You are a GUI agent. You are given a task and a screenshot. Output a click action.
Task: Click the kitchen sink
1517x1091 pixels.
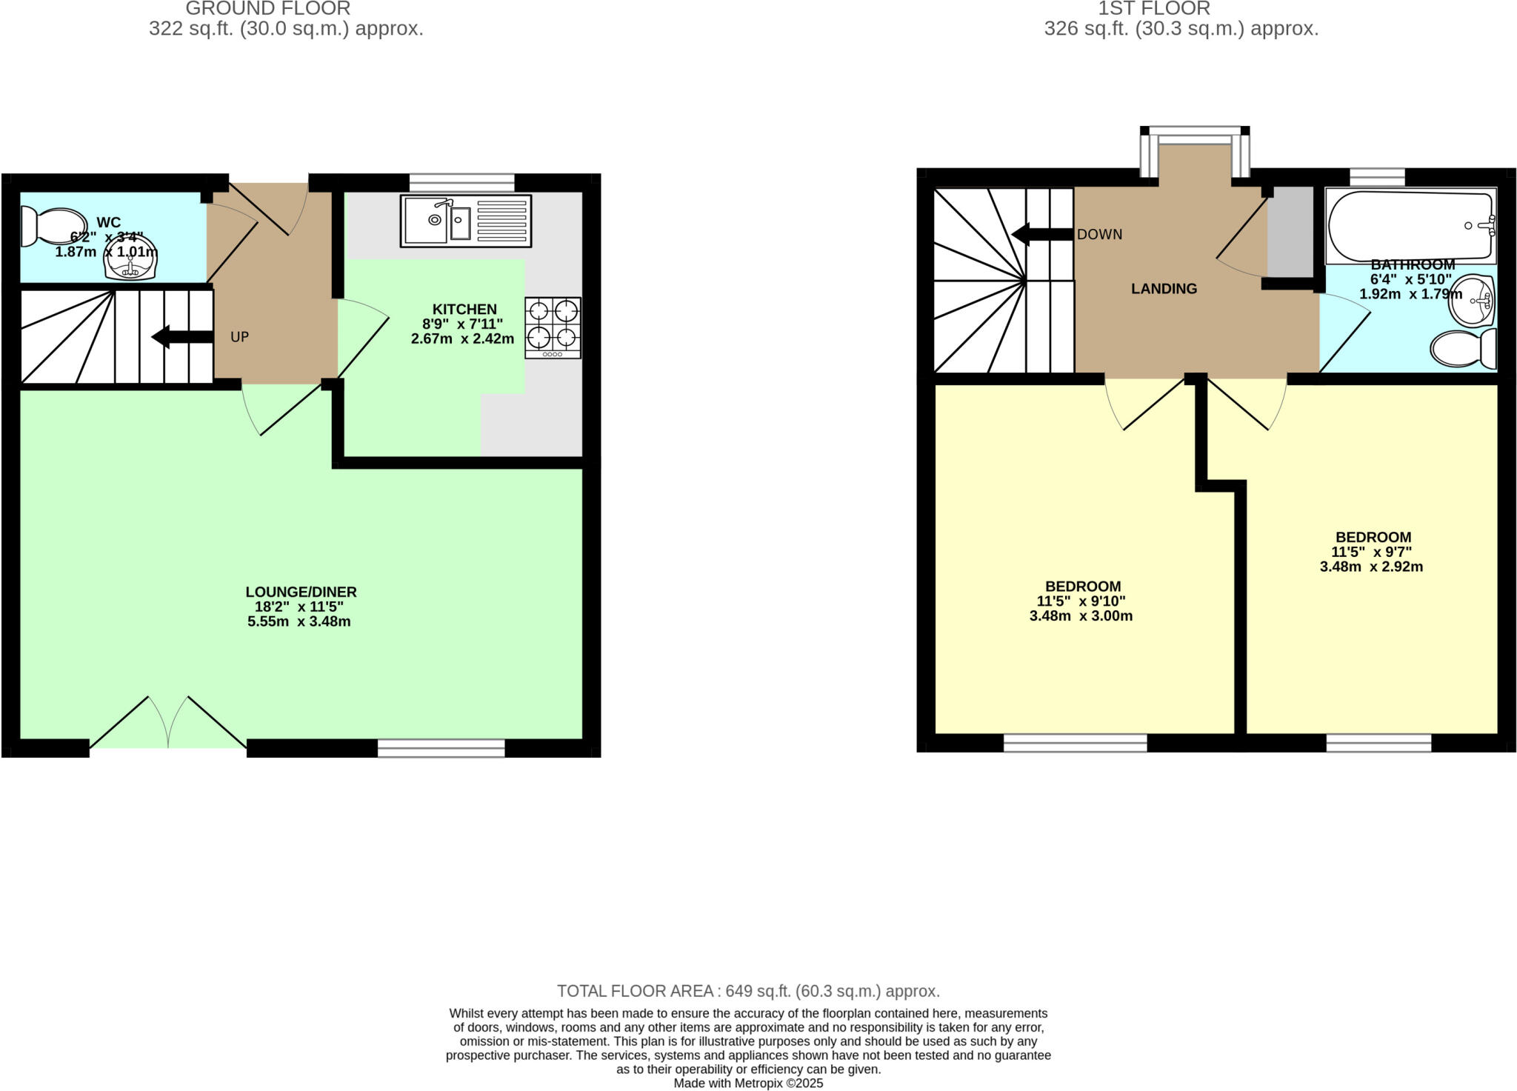(x=466, y=221)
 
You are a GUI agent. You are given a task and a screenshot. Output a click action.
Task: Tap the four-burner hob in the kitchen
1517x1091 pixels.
(x=553, y=328)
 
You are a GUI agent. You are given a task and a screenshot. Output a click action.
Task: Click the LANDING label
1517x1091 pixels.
(x=1164, y=289)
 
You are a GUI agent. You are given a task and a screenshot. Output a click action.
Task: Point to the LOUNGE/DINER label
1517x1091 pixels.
(x=301, y=592)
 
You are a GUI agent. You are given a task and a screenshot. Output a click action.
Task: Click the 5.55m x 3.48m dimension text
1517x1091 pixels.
(x=299, y=621)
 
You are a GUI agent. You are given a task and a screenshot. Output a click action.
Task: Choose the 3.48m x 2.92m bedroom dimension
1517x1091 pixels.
(x=1371, y=567)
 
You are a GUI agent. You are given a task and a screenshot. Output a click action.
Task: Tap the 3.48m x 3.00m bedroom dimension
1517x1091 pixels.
(x=1081, y=615)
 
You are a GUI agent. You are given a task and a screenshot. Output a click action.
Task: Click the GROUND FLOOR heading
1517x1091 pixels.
(x=267, y=9)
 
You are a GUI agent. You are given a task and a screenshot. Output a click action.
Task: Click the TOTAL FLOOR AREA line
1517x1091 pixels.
(x=748, y=991)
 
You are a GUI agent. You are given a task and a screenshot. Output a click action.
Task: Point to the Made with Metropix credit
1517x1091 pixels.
(x=748, y=1083)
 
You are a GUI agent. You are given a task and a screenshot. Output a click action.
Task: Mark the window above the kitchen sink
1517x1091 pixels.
(x=461, y=182)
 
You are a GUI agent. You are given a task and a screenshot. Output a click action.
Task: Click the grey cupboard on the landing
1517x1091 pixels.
(x=1290, y=231)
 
